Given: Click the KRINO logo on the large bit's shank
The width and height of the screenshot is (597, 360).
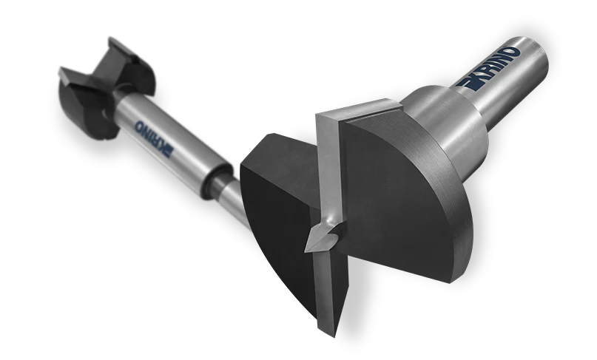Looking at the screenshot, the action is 489,69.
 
